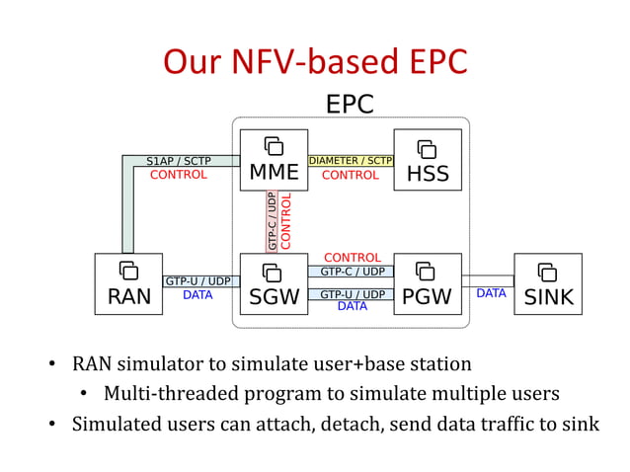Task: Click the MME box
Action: tap(274, 160)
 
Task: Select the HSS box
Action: tap(428, 160)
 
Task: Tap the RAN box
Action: tap(128, 284)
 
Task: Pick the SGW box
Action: tap(274, 284)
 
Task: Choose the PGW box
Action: tap(428, 284)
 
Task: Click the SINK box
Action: tap(548, 284)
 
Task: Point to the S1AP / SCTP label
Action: tap(179, 160)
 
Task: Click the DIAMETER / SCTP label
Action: tap(351, 160)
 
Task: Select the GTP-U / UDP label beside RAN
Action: tap(197, 281)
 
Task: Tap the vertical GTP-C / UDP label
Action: tap(272, 220)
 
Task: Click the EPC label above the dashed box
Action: tap(350, 105)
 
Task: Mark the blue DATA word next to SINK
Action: tap(491, 293)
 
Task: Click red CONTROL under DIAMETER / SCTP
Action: tap(351, 175)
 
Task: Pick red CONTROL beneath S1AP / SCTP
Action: tap(179, 175)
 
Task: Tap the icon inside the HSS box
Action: tap(427, 149)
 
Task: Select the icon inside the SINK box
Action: tap(547, 272)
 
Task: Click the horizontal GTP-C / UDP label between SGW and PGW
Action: tap(353, 272)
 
